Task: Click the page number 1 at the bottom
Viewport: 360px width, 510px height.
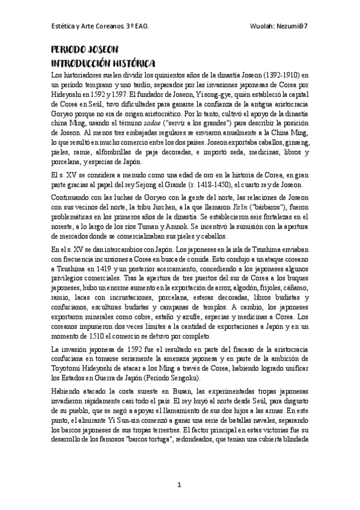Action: tap(179, 485)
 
